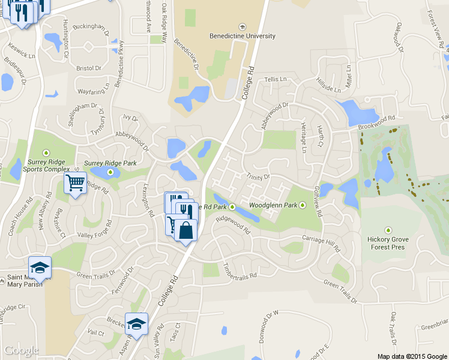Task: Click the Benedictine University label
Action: (x=242, y=36)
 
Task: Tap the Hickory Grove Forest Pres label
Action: (x=387, y=243)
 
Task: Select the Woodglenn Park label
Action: (x=273, y=205)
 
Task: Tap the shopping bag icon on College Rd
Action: (x=185, y=231)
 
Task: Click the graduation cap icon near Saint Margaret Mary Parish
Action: (x=40, y=268)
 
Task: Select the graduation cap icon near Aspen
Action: (x=136, y=324)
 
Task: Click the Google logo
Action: (x=22, y=350)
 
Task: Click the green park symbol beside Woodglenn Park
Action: (x=303, y=205)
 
